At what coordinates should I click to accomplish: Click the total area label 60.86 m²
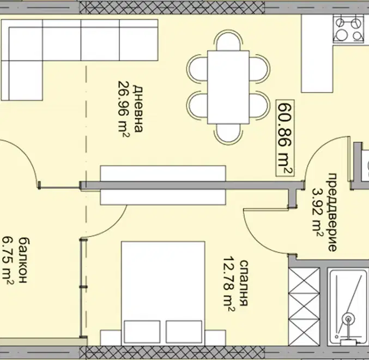pyautogui.click(x=285, y=138)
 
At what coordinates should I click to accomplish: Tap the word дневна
pyautogui.click(x=138, y=109)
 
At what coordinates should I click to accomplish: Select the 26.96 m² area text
pyautogui.click(x=123, y=109)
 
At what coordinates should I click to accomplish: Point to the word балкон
pyautogui.click(x=23, y=260)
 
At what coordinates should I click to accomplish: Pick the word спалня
pyautogui.click(x=244, y=283)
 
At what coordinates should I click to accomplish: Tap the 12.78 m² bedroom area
pyautogui.click(x=229, y=284)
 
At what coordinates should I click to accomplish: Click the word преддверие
pyautogui.click(x=332, y=212)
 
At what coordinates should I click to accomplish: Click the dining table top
pyautogui.click(x=228, y=87)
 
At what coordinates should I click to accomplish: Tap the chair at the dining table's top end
pyautogui.click(x=228, y=40)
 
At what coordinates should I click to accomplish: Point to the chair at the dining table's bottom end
pyautogui.click(x=228, y=134)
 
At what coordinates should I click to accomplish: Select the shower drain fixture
pyautogui.click(x=348, y=319)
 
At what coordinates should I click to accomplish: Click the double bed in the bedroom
pyautogui.click(x=163, y=293)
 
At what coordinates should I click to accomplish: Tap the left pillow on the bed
pyautogui.click(x=142, y=332)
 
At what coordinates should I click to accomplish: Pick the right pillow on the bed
pyautogui.click(x=184, y=332)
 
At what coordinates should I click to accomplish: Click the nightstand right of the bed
pyautogui.click(x=215, y=338)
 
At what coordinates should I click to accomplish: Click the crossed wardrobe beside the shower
pyautogui.click(x=304, y=307)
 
